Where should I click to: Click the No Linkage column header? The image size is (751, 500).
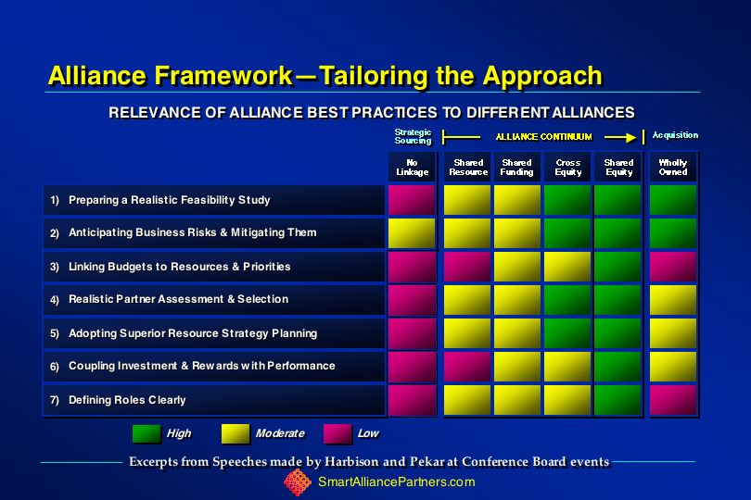(x=412, y=168)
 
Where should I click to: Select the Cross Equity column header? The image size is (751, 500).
(x=568, y=168)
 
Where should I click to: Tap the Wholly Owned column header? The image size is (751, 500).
(x=673, y=168)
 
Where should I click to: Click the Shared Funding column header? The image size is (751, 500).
(x=516, y=168)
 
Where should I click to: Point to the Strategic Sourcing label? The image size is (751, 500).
(x=413, y=136)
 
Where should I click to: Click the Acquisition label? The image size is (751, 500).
(x=675, y=135)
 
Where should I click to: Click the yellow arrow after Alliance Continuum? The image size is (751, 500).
(x=620, y=137)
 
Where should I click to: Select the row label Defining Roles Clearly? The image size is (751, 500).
(x=127, y=400)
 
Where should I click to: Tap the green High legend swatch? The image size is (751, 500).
(x=146, y=433)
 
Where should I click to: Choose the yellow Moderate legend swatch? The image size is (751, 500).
(x=235, y=433)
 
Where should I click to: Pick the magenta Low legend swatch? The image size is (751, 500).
(x=337, y=433)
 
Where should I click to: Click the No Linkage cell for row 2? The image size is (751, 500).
(x=412, y=233)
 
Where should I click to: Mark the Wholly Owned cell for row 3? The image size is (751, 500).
(x=673, y=267)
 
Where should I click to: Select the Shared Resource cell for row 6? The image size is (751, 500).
(x=467, y=367)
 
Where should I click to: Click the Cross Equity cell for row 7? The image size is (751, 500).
(x=567, y=400)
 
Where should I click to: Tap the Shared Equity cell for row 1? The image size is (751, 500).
(x=617, y=200)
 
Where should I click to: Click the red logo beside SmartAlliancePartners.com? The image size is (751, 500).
(x=298, y=482)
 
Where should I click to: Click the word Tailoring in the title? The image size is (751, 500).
(x=372, y=77)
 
